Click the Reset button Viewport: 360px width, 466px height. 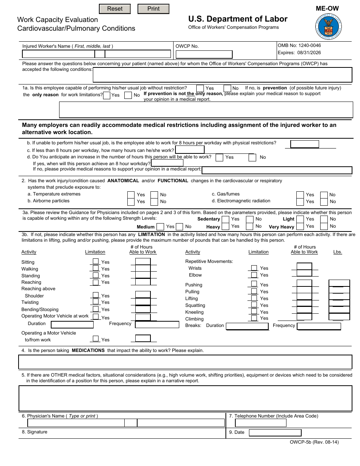click(x=115, y=9)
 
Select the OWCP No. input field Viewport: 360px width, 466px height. click(x=204, y=55)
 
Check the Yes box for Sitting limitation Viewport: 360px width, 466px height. click(x=96, y=261)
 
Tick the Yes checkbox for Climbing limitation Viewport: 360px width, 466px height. click(x=254, y=318)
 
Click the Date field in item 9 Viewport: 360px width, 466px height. click(x=275, y=433)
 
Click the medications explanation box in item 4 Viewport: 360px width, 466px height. click(x=185, y=362)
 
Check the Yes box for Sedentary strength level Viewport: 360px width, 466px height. click(x=225, y=219)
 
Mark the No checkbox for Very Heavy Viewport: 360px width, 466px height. click(x=324, y=227)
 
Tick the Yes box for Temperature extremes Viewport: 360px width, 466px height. click(x=131, y=195)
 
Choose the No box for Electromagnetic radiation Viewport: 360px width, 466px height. click(x=324, y=202)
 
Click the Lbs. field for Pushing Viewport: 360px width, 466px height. click(x=339, y=283)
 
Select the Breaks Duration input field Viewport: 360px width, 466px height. click(x=247, y=326)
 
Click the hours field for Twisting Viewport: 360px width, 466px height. click(x=143, y=302)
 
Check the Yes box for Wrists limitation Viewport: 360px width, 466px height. click(x=254, y=268)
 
